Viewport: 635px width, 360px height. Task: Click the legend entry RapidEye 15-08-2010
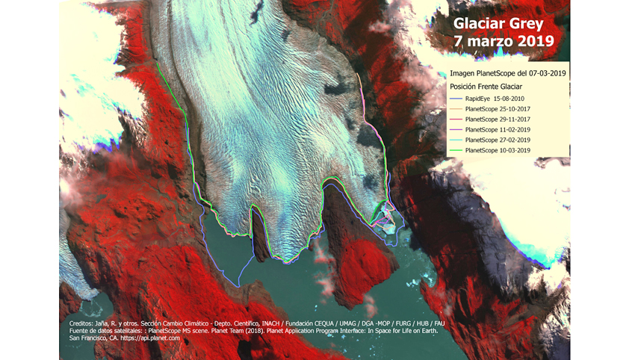tap(494, 99)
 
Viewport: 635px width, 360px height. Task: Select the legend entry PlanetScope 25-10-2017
tap(498, 109)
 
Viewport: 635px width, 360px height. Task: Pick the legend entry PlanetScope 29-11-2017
tap(498, 120)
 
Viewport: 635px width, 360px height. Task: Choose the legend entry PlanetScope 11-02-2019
tap(498, 130)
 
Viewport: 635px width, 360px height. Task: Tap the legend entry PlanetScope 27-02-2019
tap(498, 140)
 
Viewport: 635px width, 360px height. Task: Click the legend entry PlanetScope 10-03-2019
tap(498, 151)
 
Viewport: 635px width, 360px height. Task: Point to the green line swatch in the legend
tap(455, 151)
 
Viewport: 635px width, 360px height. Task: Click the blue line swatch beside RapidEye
tap(455, 99)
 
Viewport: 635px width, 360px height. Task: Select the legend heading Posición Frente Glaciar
tap(486, 87)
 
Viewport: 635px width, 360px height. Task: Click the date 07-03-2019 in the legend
tap(546, 73)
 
